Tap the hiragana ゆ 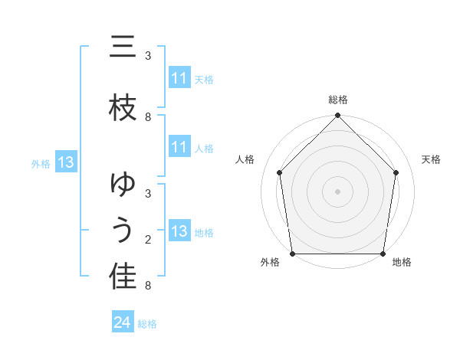pos(123,186)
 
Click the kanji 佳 pos(123,277)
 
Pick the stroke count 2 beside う pos(148,240)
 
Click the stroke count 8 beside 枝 pos(148,116)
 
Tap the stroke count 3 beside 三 pos(148,56)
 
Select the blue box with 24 pos(122,323)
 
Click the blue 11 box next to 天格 pos(179,78)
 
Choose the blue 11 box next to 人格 pos(179,147)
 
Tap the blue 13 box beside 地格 pos(179,231)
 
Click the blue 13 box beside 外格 pos(65,162)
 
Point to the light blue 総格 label pos(147,324)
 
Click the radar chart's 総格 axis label pos(337,100)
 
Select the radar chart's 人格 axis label pos(245,159)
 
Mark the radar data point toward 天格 pos(396,172)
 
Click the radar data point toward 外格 pos(292,254)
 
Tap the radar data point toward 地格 pos(383,254)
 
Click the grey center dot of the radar pos(337,191)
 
